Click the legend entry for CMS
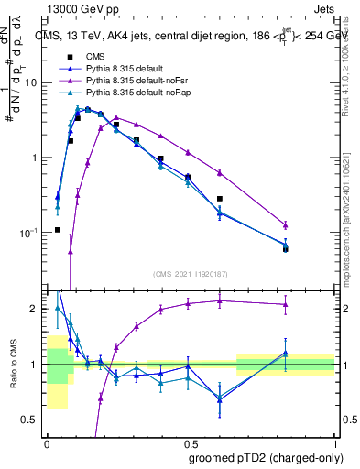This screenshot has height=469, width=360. (98, 58)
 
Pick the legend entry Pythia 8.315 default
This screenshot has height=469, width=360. (128, 70)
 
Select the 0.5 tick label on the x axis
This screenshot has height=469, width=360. (191, 442)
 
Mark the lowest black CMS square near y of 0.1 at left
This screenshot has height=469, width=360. (57, 230)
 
